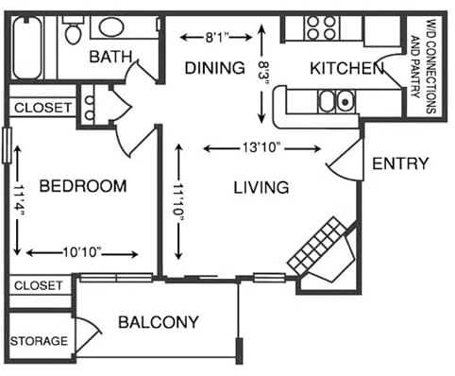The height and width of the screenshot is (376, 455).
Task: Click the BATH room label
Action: [110, 58]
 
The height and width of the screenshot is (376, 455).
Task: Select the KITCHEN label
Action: [345, 68]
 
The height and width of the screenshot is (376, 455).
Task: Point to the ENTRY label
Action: [400, 163]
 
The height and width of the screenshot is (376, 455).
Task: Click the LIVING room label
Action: [261, 187]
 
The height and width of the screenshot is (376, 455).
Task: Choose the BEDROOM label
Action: [83, 186]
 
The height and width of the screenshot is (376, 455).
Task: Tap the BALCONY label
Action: [159, 322]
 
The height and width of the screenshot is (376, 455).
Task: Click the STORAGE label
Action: [39, 340]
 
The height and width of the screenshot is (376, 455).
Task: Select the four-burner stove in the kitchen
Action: [321, 28]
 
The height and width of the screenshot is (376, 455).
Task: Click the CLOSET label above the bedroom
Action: [42, 108]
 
